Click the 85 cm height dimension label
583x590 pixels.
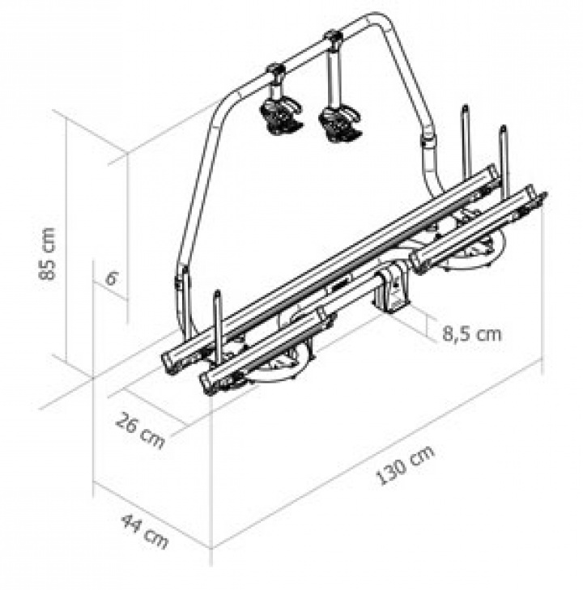tap(47, 253)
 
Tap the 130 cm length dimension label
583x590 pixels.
tap(405, 464)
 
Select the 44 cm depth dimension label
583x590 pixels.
tap(144, 532)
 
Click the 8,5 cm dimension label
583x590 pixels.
tap(472, 333)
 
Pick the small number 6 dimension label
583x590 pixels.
tap(111, 279)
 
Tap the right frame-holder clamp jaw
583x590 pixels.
tap(340, 123)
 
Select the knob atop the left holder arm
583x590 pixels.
tap(276, 70)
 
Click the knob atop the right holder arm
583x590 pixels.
tap(333, 36)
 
